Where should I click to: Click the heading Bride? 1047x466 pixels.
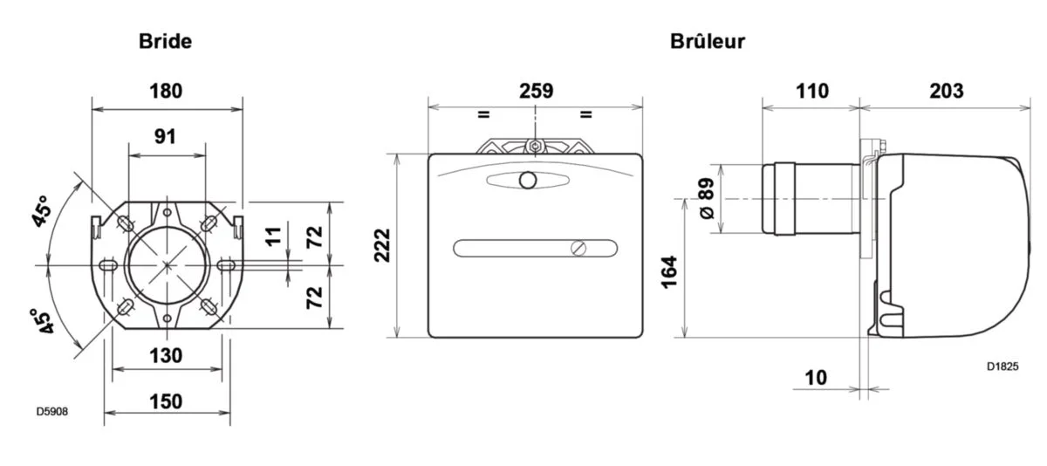tap(166, 40)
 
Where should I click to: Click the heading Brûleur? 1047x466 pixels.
tap(708, 40)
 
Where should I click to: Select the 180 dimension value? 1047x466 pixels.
tap(166, 91)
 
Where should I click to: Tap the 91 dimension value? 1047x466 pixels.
tap(166, 136)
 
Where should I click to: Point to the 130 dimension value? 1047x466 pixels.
tap(166, 355)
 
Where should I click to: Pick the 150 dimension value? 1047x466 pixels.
tap(166, 401)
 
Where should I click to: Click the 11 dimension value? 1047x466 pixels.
tap(275, 235)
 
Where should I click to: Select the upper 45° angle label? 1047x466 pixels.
tap(42, 211)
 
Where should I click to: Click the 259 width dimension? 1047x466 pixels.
tap(536, 91)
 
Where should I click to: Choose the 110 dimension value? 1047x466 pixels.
tap(811, 91)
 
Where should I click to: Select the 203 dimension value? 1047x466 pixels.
tap(946, 91)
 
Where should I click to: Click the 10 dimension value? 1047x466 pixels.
tap(815, 377)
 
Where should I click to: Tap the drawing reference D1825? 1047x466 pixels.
tap(1003, 367)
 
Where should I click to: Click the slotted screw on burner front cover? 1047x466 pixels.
tap(577, 248)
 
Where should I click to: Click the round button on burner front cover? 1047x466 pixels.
tap(528, 181)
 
